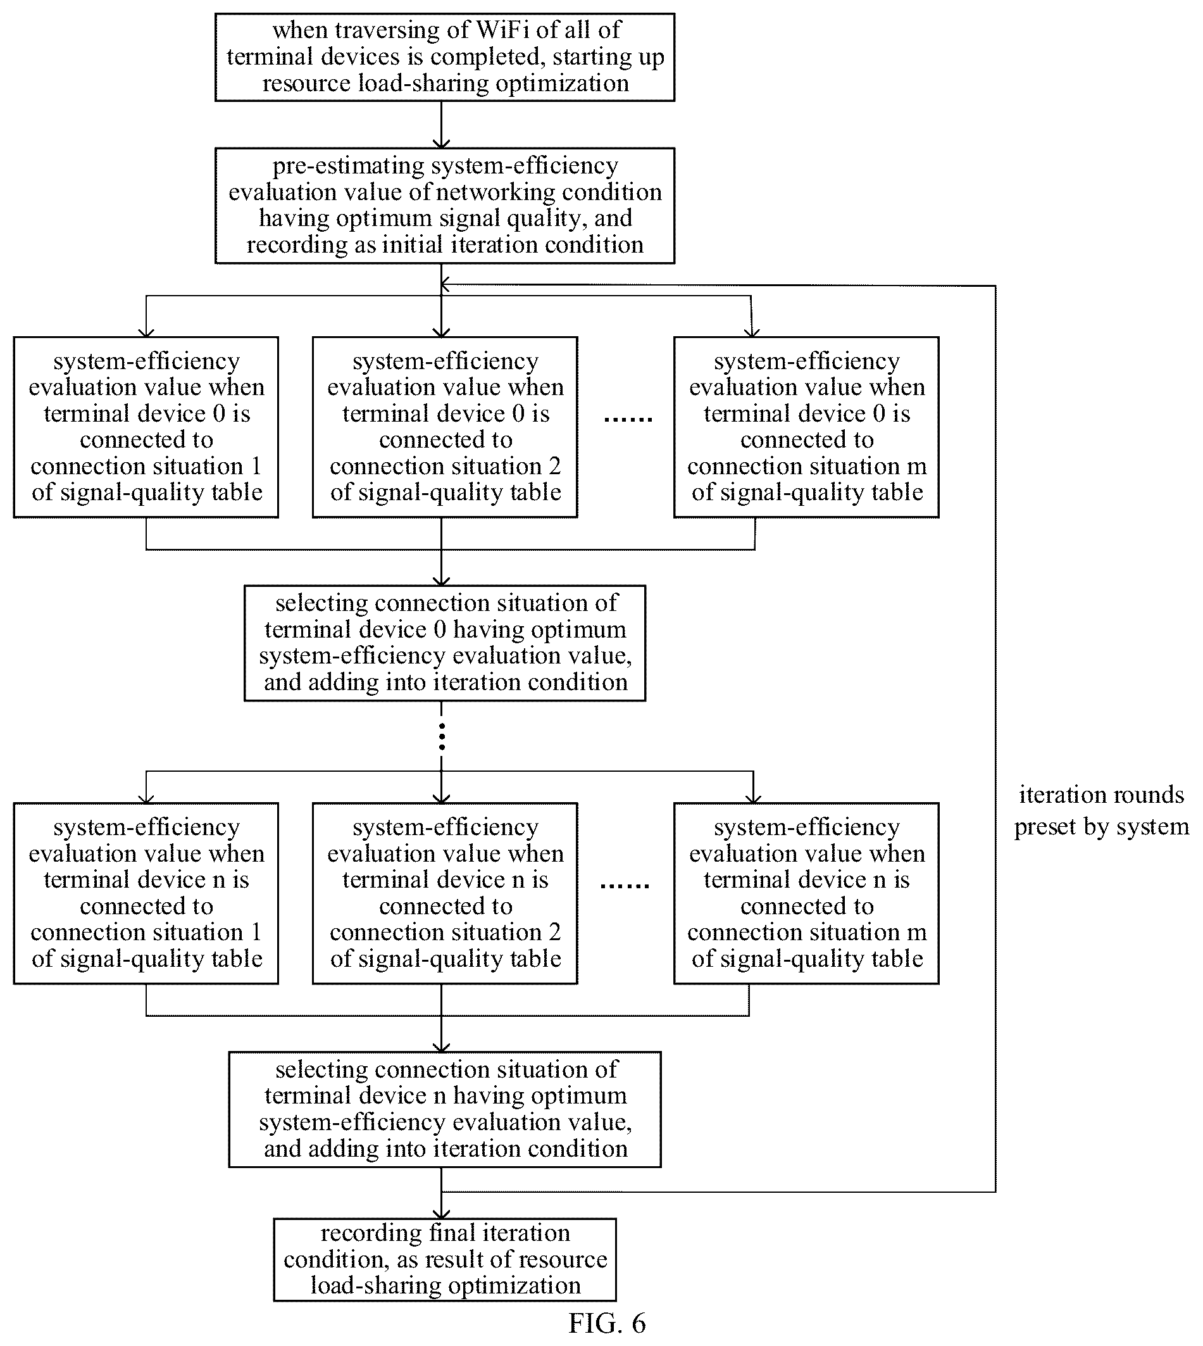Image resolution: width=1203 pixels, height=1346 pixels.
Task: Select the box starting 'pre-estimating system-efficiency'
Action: tap(445, 206)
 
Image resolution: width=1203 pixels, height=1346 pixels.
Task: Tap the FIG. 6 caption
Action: tap(607, 1323)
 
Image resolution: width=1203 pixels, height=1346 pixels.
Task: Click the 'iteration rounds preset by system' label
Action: tap(1101, 810)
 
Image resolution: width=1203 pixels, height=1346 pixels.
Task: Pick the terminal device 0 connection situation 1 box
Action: tap(146, 427)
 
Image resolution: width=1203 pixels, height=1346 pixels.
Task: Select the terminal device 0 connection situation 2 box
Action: tap(445, 427)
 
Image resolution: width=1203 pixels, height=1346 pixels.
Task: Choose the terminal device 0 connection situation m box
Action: tap(806, 427)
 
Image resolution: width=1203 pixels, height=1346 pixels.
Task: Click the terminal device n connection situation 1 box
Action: tap(146, 893)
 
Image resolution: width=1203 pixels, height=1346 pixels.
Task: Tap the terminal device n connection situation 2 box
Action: tap(445, 893)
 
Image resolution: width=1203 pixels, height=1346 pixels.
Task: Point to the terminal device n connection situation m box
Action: tap(806, 893)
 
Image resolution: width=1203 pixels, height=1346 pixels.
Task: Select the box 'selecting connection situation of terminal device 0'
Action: tap(445, 643)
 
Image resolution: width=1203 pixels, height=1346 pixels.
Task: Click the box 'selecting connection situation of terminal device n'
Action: tap(445, 1109)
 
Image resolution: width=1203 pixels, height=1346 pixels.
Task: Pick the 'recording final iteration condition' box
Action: tap(445, 1260)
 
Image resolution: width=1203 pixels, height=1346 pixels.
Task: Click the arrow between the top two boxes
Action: tap(442, 124)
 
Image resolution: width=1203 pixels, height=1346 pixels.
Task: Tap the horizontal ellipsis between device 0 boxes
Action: tap(628, 419)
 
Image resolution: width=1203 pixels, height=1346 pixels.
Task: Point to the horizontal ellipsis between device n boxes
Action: tap(625, 886)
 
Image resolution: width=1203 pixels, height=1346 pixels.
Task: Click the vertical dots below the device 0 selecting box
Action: tap(442, 737)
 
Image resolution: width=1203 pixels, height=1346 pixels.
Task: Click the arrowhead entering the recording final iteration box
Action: tap(442, 1213)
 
